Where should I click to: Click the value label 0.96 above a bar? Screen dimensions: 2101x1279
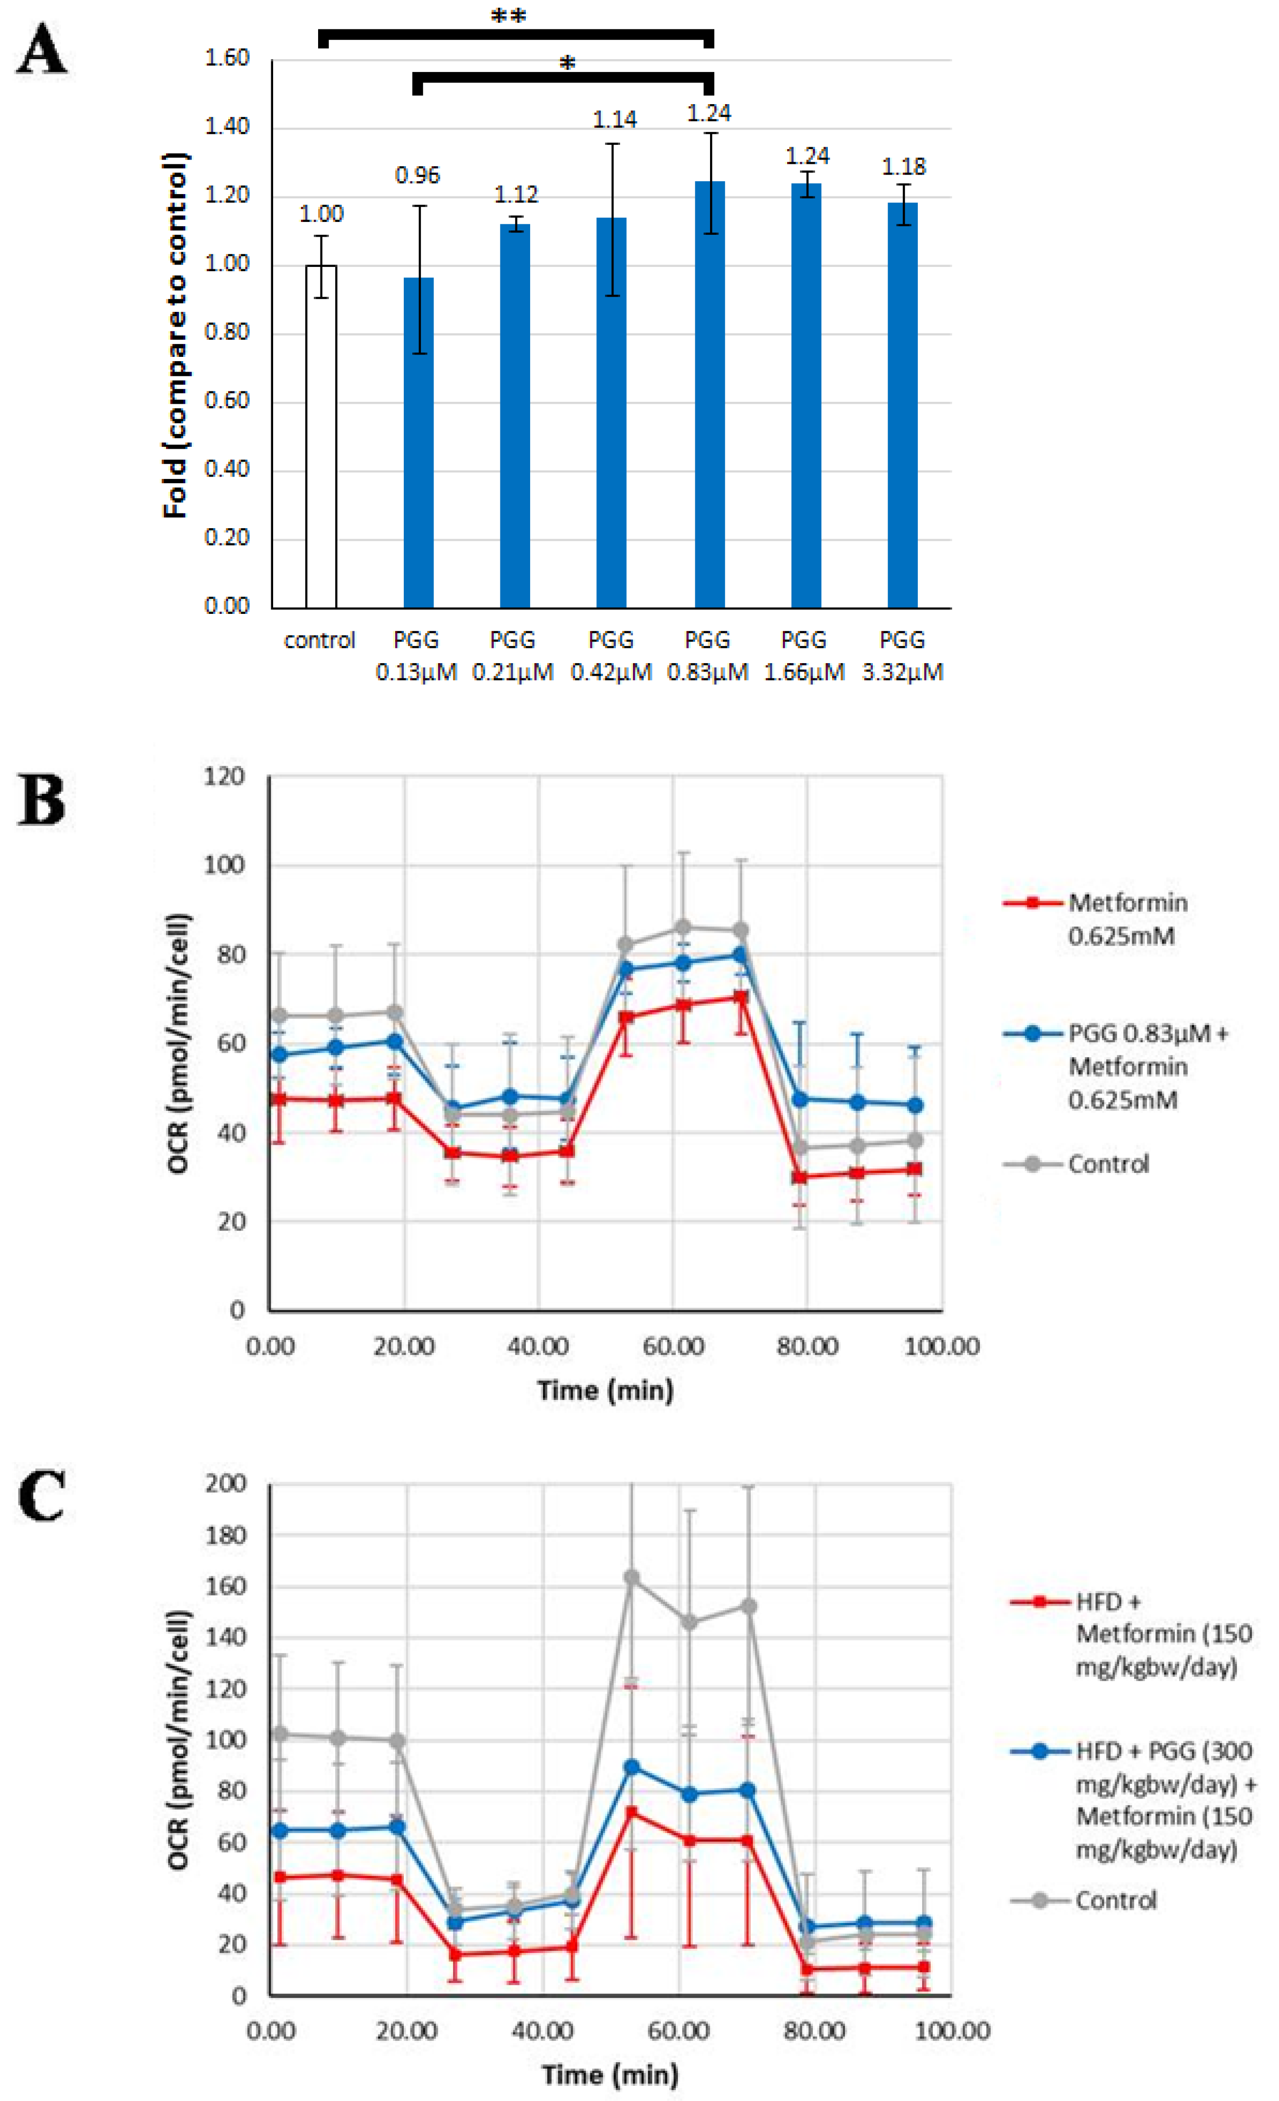pyautogui.click(x=417, y=176)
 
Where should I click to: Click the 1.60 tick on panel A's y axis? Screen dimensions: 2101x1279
pyautogui.click(x=227, y=59)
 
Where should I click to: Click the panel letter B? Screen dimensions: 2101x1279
pyautogui.click(x=41, y=801)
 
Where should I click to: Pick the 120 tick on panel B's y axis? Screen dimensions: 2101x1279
pyautogui.click(x=225, y=777)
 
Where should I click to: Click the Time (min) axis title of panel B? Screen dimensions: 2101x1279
pyautogui.click(x=605, y=1391)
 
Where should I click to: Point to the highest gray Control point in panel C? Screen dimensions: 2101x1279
pyautogui.click(x=632, y=1578)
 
